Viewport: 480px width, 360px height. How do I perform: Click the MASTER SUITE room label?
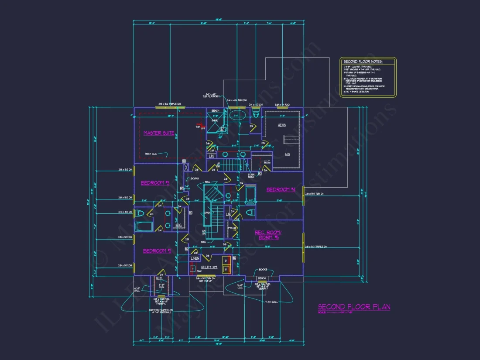tap(159, 133)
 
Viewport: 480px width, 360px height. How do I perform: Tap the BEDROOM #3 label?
tap(154, 183)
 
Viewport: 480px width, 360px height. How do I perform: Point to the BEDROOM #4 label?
tap(281, 189)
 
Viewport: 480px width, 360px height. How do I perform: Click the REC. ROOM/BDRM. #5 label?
tap(268, 235)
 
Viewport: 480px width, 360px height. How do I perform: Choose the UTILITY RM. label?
tap(209, 267)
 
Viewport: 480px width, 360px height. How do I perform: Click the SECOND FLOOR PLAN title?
tap(354, 307)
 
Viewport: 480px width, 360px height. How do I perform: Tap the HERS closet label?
tap(282, 125)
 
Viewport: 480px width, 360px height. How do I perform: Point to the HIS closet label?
tap(287, 154)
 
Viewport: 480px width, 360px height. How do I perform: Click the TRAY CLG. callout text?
tap(151, 154)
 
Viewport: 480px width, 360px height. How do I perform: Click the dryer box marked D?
tap(226, 261)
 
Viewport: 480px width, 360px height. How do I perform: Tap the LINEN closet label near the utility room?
tap(195, 259)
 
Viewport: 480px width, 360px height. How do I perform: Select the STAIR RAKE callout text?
tap(251, 175)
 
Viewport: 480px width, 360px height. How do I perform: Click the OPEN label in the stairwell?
tap(208, 213)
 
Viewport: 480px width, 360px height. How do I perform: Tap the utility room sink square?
tap(192, 269)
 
